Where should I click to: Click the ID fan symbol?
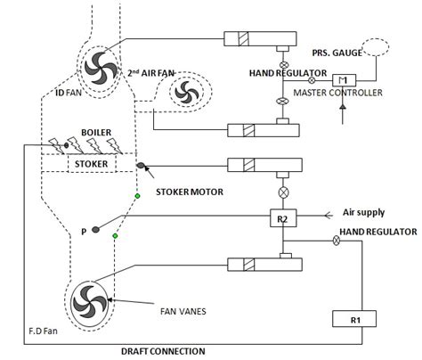[95, 63]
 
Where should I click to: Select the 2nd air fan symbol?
[186, 92]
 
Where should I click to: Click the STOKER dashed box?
[93, 165]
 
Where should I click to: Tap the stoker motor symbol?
[143, 167]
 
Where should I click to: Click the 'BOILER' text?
[95, 132]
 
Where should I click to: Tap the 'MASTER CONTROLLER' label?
[353, 93]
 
